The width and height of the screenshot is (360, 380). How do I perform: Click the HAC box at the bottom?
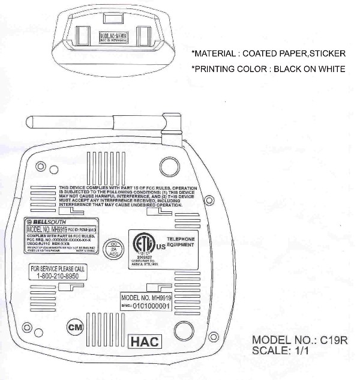tap(144, 341)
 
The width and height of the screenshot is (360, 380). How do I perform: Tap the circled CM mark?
tap(75, 328)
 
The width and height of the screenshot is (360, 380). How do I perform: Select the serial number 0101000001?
tap(151, 306)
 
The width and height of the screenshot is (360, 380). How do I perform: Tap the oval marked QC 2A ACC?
tap(112, 249)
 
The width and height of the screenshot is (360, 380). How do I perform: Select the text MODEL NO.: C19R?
tap(299, 341)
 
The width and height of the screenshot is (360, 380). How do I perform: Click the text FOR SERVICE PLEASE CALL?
tap(58, 268)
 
